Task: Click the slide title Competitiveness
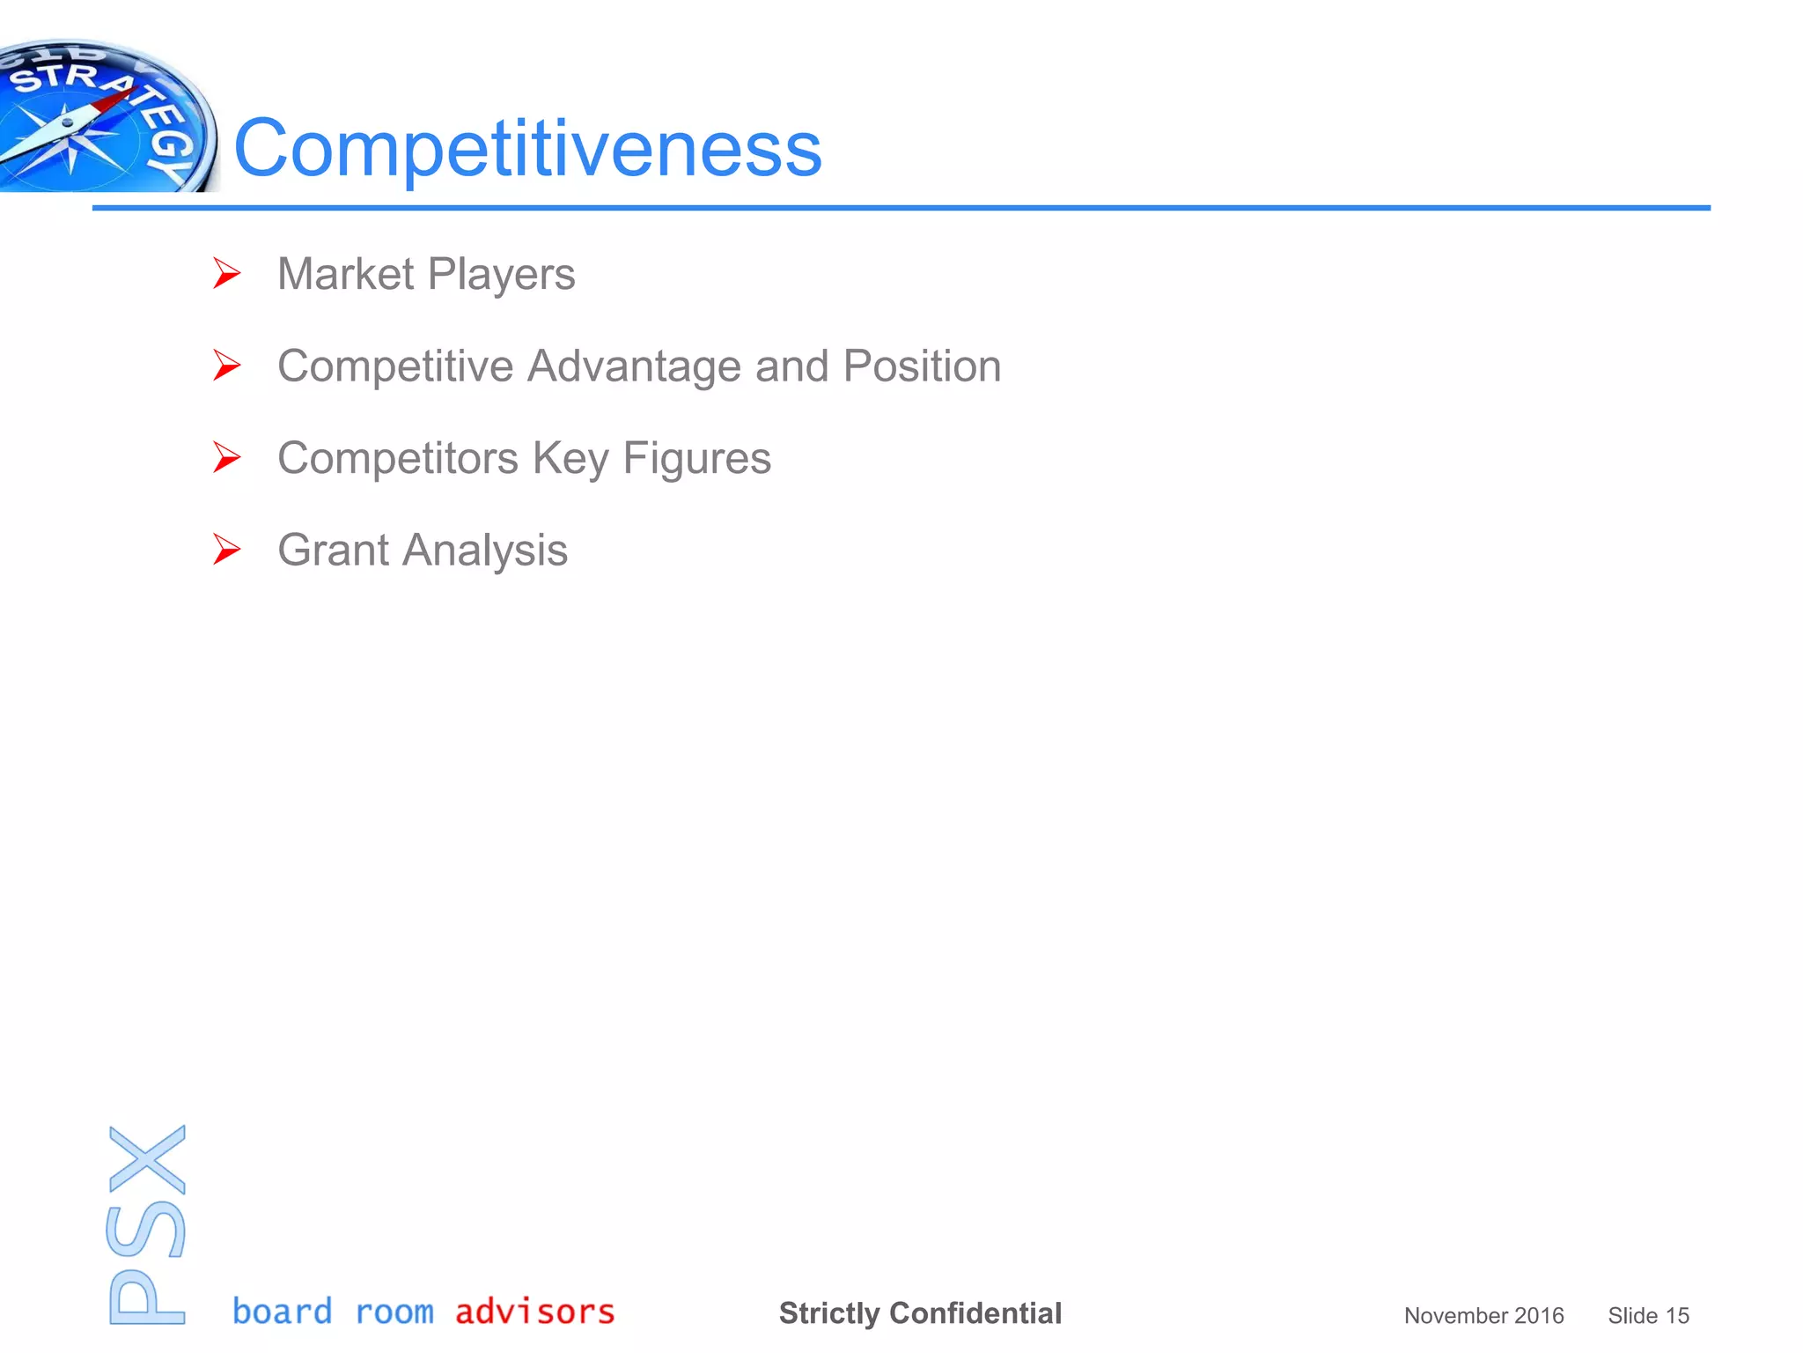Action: click(528, 148)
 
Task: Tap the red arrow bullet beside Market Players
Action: click(226, 274)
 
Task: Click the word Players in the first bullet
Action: click(501, 275)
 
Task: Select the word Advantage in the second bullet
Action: click(634, 366)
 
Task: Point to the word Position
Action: click(922, 366)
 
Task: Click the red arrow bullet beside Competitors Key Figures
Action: click(226, 458)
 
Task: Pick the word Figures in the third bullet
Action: click(696, 459)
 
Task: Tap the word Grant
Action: click(333, 551)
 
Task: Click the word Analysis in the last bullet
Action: click(485, 551)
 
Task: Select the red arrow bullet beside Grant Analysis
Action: click(226, 550)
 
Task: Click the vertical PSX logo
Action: click(147, 1224)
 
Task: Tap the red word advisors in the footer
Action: click(534, 1312)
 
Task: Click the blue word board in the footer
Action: click(282, 1312)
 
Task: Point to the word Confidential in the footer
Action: click(975, 1313)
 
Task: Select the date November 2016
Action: click(1483, 1316)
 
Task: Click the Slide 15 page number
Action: click(1648, 1316)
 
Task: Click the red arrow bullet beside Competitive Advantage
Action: click(226, 366)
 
